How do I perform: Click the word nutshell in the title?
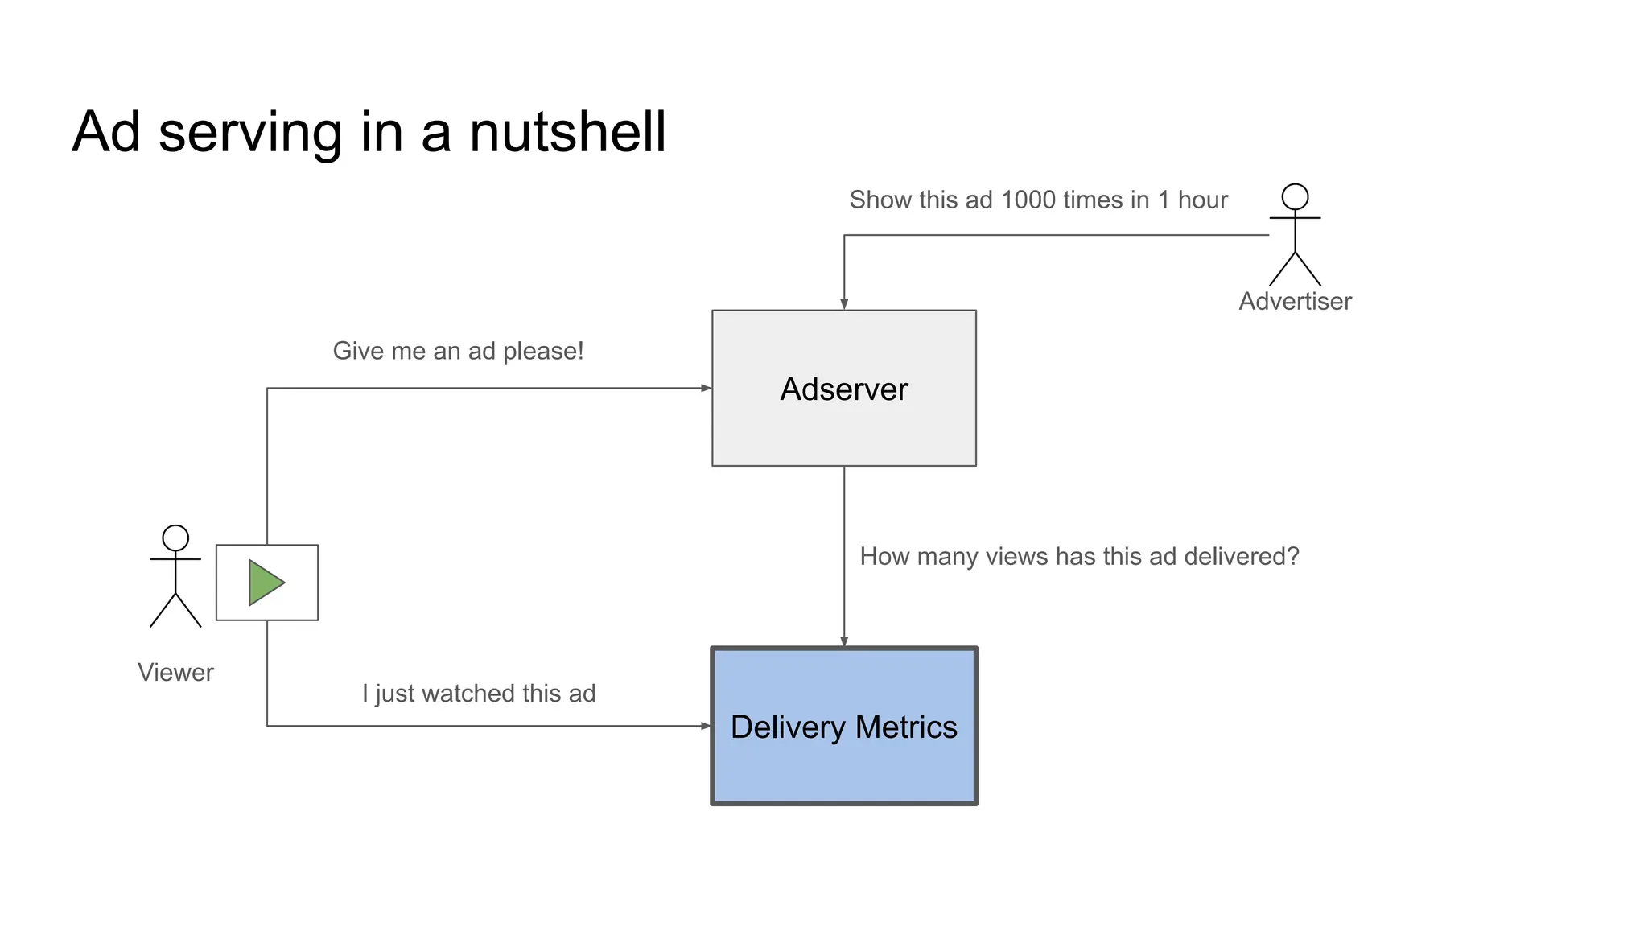point(567,132)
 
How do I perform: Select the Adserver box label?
point(843,389)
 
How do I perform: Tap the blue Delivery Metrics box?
point(843,764)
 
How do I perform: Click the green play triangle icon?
point(265,583)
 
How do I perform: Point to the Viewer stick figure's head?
point(175,538)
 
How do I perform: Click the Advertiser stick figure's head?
point(1295,196)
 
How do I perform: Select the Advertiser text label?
point(1295,301)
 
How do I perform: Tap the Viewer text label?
point(175,672)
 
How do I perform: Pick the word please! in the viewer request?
point(543,352)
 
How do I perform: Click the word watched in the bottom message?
point(468,693)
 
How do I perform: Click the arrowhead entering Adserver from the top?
point(844,304)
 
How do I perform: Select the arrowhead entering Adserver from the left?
point(706,388)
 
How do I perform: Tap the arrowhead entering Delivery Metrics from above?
point(844,641)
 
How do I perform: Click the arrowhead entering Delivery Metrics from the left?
point(706,726)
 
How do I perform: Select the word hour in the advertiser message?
point(1202,200)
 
